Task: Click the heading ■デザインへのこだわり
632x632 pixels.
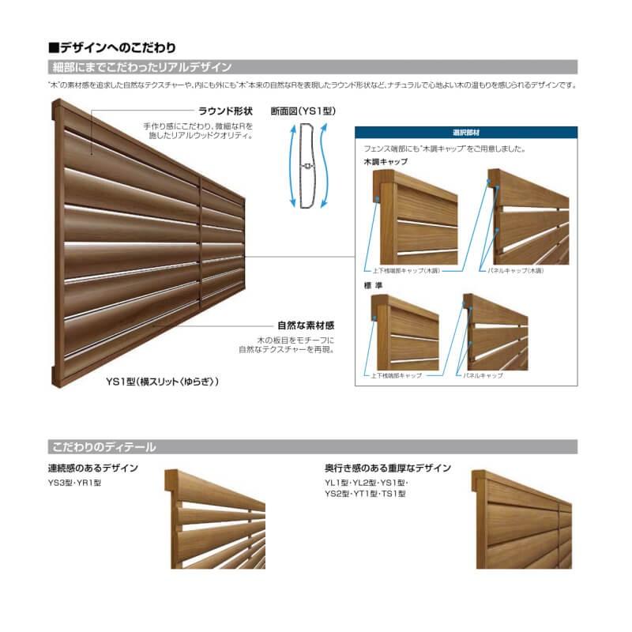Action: click(111, 48)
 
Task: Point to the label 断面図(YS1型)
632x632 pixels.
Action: click(303, 111)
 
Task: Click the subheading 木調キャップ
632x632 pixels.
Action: click(386, 161)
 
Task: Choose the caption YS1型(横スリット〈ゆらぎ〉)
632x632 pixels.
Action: click(163, 381)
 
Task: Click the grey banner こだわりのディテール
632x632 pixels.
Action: click(103, 447)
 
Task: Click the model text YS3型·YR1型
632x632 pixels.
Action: click(75, 482)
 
